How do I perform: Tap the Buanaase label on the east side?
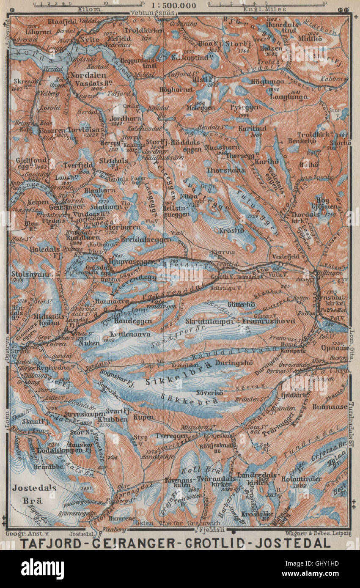point(329,407)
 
